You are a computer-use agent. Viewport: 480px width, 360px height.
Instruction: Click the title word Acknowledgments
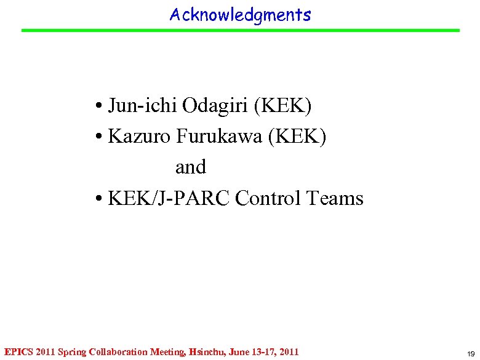tap(240, 14)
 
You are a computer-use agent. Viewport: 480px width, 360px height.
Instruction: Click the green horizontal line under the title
tap(240, 30)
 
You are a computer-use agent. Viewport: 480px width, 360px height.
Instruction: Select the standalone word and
tap(191, 167)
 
